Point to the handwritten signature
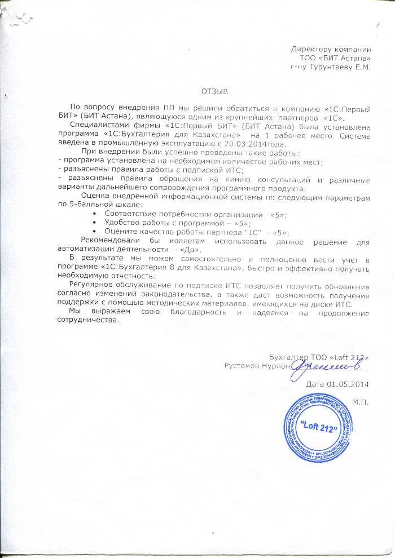tap(319, 367)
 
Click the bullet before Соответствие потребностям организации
tap(93, 215)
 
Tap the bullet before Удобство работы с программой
tap(93, 224)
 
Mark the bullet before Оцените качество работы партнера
tap(93, 232)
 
